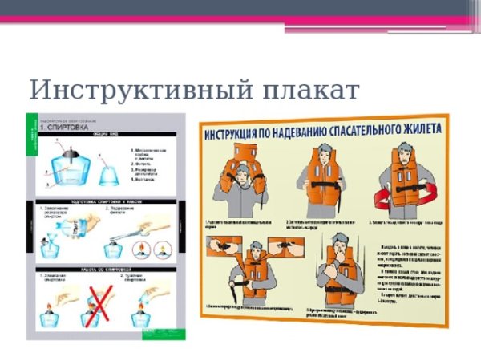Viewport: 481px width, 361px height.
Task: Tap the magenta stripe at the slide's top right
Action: click(x=385, y=18)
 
